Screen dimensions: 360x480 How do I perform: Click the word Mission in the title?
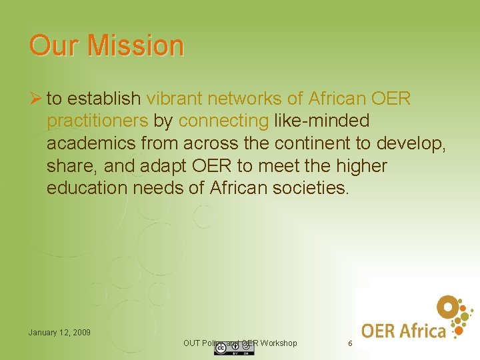[136, 45]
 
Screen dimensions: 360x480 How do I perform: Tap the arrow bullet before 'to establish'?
[35, 99]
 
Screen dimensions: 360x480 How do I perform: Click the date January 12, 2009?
[59, 332]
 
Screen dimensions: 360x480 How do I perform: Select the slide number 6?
[350, 343]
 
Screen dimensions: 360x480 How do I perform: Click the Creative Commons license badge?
[233, 349]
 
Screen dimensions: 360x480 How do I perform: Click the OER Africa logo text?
[403, 330]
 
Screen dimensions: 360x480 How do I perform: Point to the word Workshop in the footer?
[279, 343]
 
